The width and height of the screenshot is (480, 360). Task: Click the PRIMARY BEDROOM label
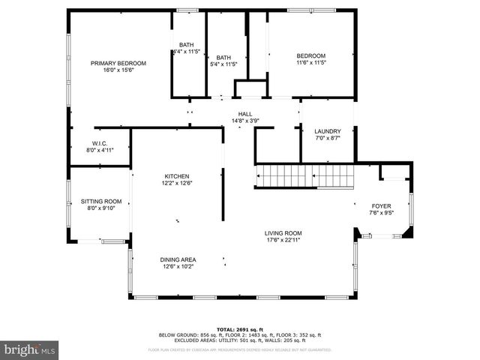point(118,63)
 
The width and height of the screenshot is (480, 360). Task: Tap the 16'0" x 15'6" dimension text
point(118,70)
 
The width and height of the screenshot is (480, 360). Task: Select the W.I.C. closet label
point(100,143)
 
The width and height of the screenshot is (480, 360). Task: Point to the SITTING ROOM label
point(101,201)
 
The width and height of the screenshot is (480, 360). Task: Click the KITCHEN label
point(177,176)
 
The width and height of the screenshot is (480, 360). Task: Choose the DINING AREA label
point(178,259)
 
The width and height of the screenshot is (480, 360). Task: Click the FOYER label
point(382,205)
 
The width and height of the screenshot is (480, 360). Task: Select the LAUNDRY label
point(328,131)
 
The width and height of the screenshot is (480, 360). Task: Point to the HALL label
point(245,114)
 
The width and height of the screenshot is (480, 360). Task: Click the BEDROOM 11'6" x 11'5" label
point(310,56)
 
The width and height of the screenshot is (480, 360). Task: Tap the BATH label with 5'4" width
point(223,58)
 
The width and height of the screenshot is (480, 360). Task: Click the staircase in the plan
point(304,177)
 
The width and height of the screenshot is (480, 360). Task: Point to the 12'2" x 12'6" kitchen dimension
point(177,184)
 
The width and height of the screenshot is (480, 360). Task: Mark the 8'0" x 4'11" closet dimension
point(100,151)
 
